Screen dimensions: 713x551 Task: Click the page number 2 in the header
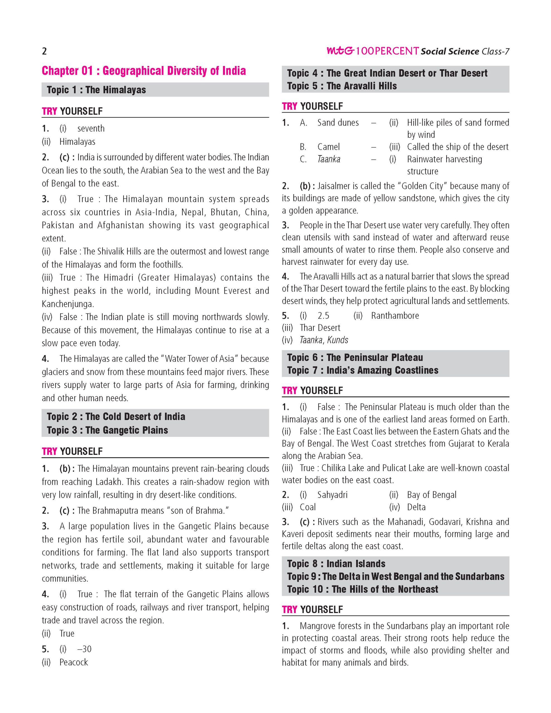(44, 51)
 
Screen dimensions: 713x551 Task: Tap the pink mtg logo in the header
(340, 51)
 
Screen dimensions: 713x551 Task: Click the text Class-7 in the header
(495, 52)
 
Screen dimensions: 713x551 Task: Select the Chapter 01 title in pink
(144, 71)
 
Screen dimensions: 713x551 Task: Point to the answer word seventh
(91, 128)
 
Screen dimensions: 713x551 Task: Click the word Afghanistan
(120, 225)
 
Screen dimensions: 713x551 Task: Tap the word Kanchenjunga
(68, 304)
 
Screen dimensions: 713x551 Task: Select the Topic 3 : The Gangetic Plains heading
(107, 430)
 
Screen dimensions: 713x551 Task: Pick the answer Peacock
(74, 662)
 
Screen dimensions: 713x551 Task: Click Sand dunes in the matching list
(338, 123)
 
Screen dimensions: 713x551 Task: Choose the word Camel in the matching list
(328, 147)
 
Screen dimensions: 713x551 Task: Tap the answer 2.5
(323, 316)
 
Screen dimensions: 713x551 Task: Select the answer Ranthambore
(395, 316)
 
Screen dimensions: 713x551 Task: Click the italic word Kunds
(338, 340)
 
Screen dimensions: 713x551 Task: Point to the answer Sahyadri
(332, 495)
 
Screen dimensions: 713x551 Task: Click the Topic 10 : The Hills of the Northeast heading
(363, 589)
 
